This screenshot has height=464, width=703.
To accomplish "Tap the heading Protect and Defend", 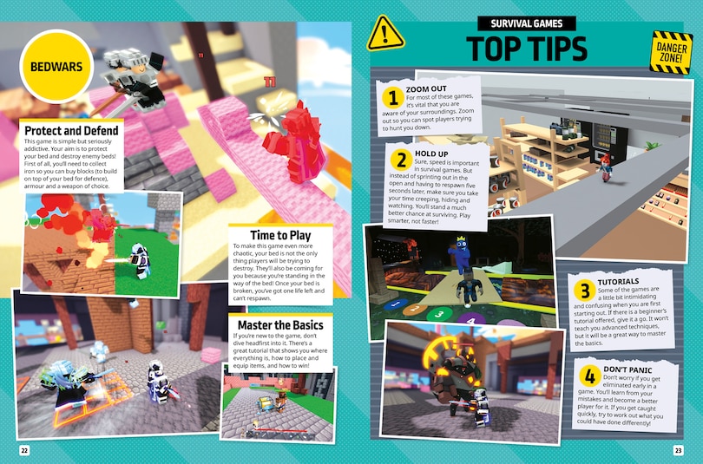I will [71, 131].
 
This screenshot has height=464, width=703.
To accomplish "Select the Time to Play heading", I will [268, 235].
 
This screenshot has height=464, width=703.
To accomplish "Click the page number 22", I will [24, 449].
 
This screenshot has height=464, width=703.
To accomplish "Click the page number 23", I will [678, 449].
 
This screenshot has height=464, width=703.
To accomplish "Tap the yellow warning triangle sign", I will [385, 34].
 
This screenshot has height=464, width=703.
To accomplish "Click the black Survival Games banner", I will [527, 24].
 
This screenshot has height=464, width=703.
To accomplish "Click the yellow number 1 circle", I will [391, 96].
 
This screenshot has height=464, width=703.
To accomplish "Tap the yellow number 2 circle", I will [401, 160].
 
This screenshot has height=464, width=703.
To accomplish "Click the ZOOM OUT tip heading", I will [426, 89].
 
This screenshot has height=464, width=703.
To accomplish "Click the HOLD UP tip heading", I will [431, 153].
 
